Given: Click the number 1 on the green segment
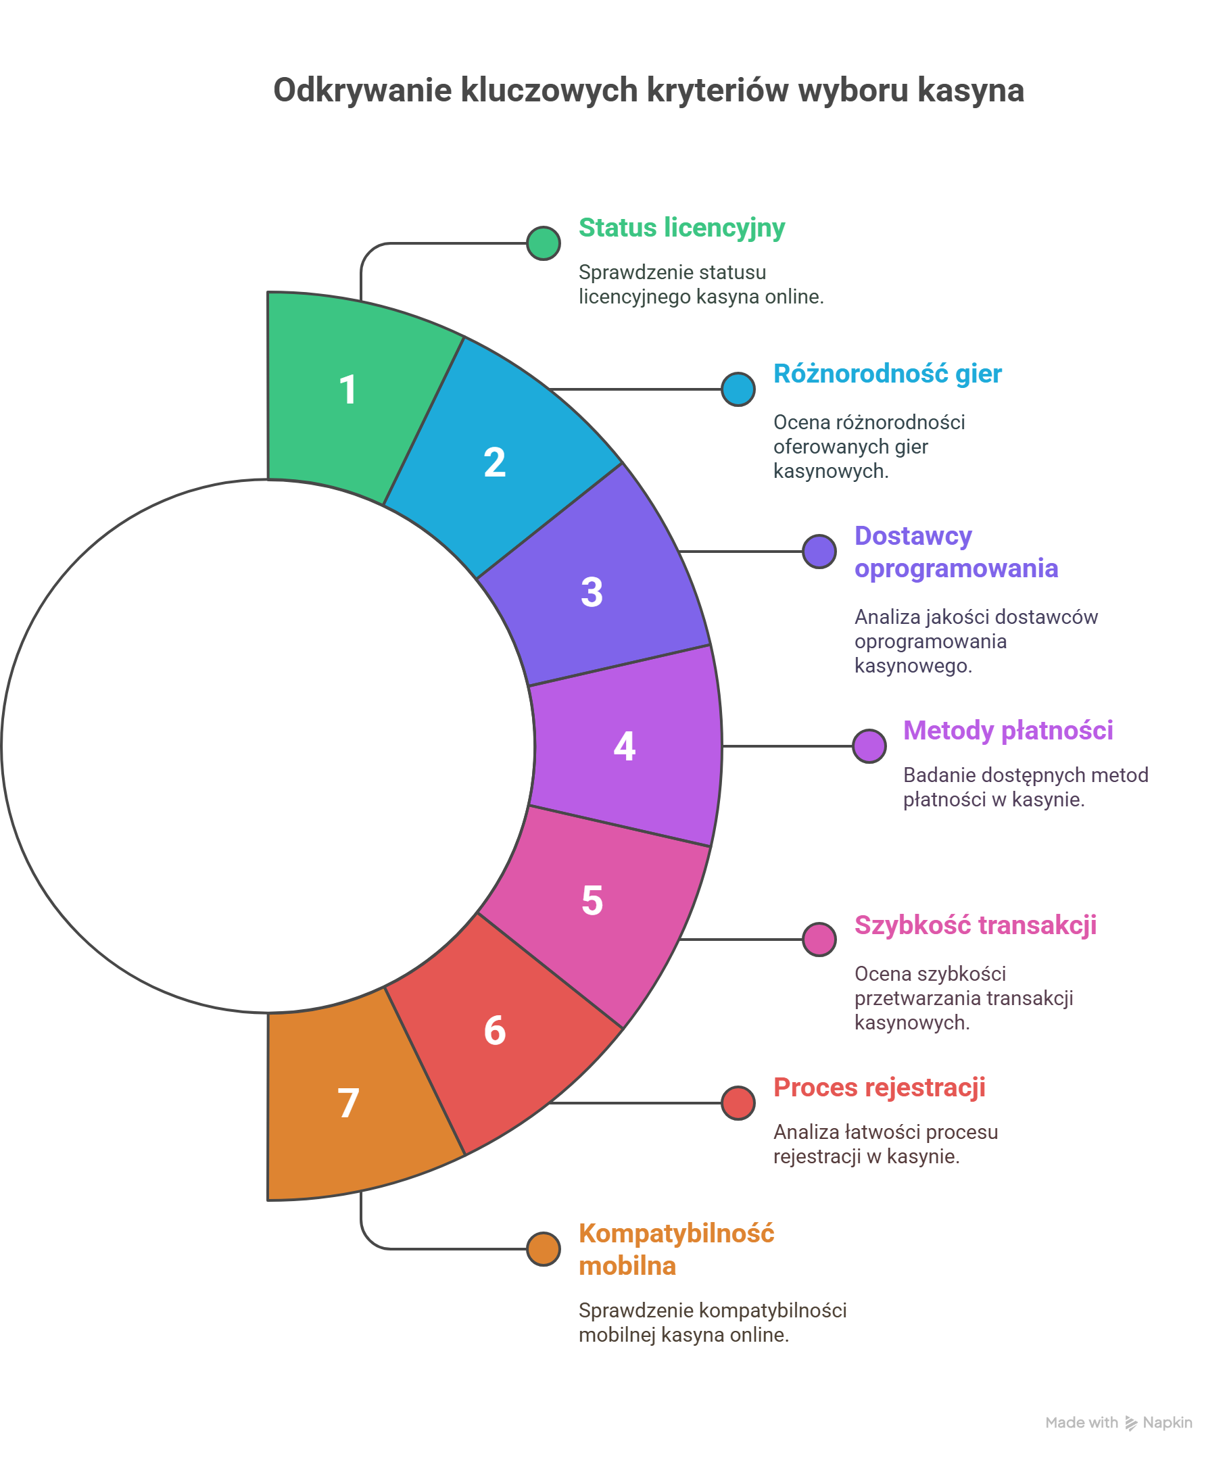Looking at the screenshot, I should (347, 389).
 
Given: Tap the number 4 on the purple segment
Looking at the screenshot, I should (624, 747).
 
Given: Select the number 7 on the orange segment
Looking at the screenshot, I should (347, 1102).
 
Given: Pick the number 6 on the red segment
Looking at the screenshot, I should (494, 1030).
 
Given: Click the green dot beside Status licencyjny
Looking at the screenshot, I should (543, 243).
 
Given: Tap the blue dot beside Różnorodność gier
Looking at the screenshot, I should (738, 389).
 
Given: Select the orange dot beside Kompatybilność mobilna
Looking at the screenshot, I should (543, 1248).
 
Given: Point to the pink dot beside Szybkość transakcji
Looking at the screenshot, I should (819, 940).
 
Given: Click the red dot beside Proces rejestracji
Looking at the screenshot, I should (738, 1102).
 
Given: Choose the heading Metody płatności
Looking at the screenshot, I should (1007, 731).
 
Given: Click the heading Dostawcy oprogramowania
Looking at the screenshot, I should (955, 552).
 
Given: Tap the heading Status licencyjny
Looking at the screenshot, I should (681, 228).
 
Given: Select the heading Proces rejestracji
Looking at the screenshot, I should (879, 1088).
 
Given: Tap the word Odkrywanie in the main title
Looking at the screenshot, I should (362, 91).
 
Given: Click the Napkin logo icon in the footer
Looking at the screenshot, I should (1131, 1423).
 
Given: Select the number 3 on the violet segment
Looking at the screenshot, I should (592, 592).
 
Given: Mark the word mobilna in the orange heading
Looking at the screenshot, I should (627, 1266).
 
